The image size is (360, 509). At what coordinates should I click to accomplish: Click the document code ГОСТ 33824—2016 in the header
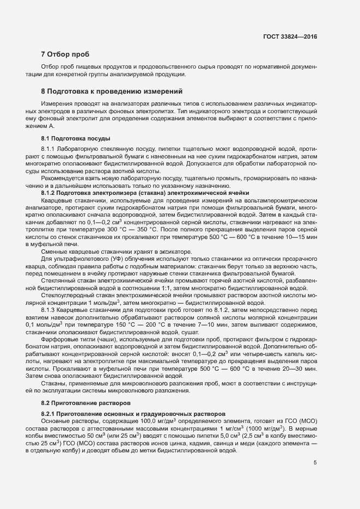click(x=289, y=36)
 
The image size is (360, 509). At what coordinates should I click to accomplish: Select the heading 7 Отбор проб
click(x=64, y=54)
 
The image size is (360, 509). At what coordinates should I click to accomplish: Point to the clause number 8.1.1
click(x=49, y=149)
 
